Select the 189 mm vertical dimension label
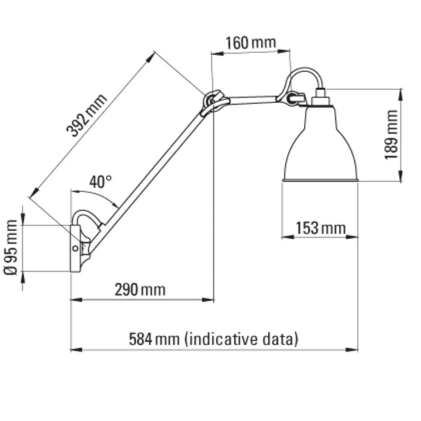[391, 134]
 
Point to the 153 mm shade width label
[320, 229]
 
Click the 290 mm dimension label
[140, 290]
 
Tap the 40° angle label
[101, 182]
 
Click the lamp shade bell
[321, 147]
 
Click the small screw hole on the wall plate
[75, 248]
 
